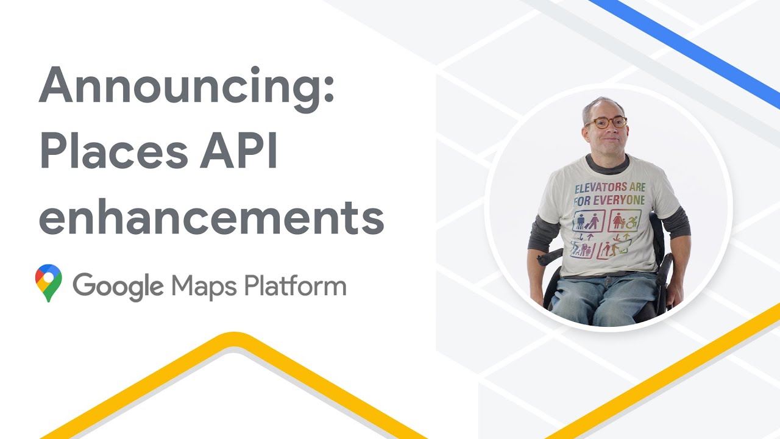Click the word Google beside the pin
click(118, 286)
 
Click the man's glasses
click(606, 123)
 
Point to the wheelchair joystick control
click(541, 259)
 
